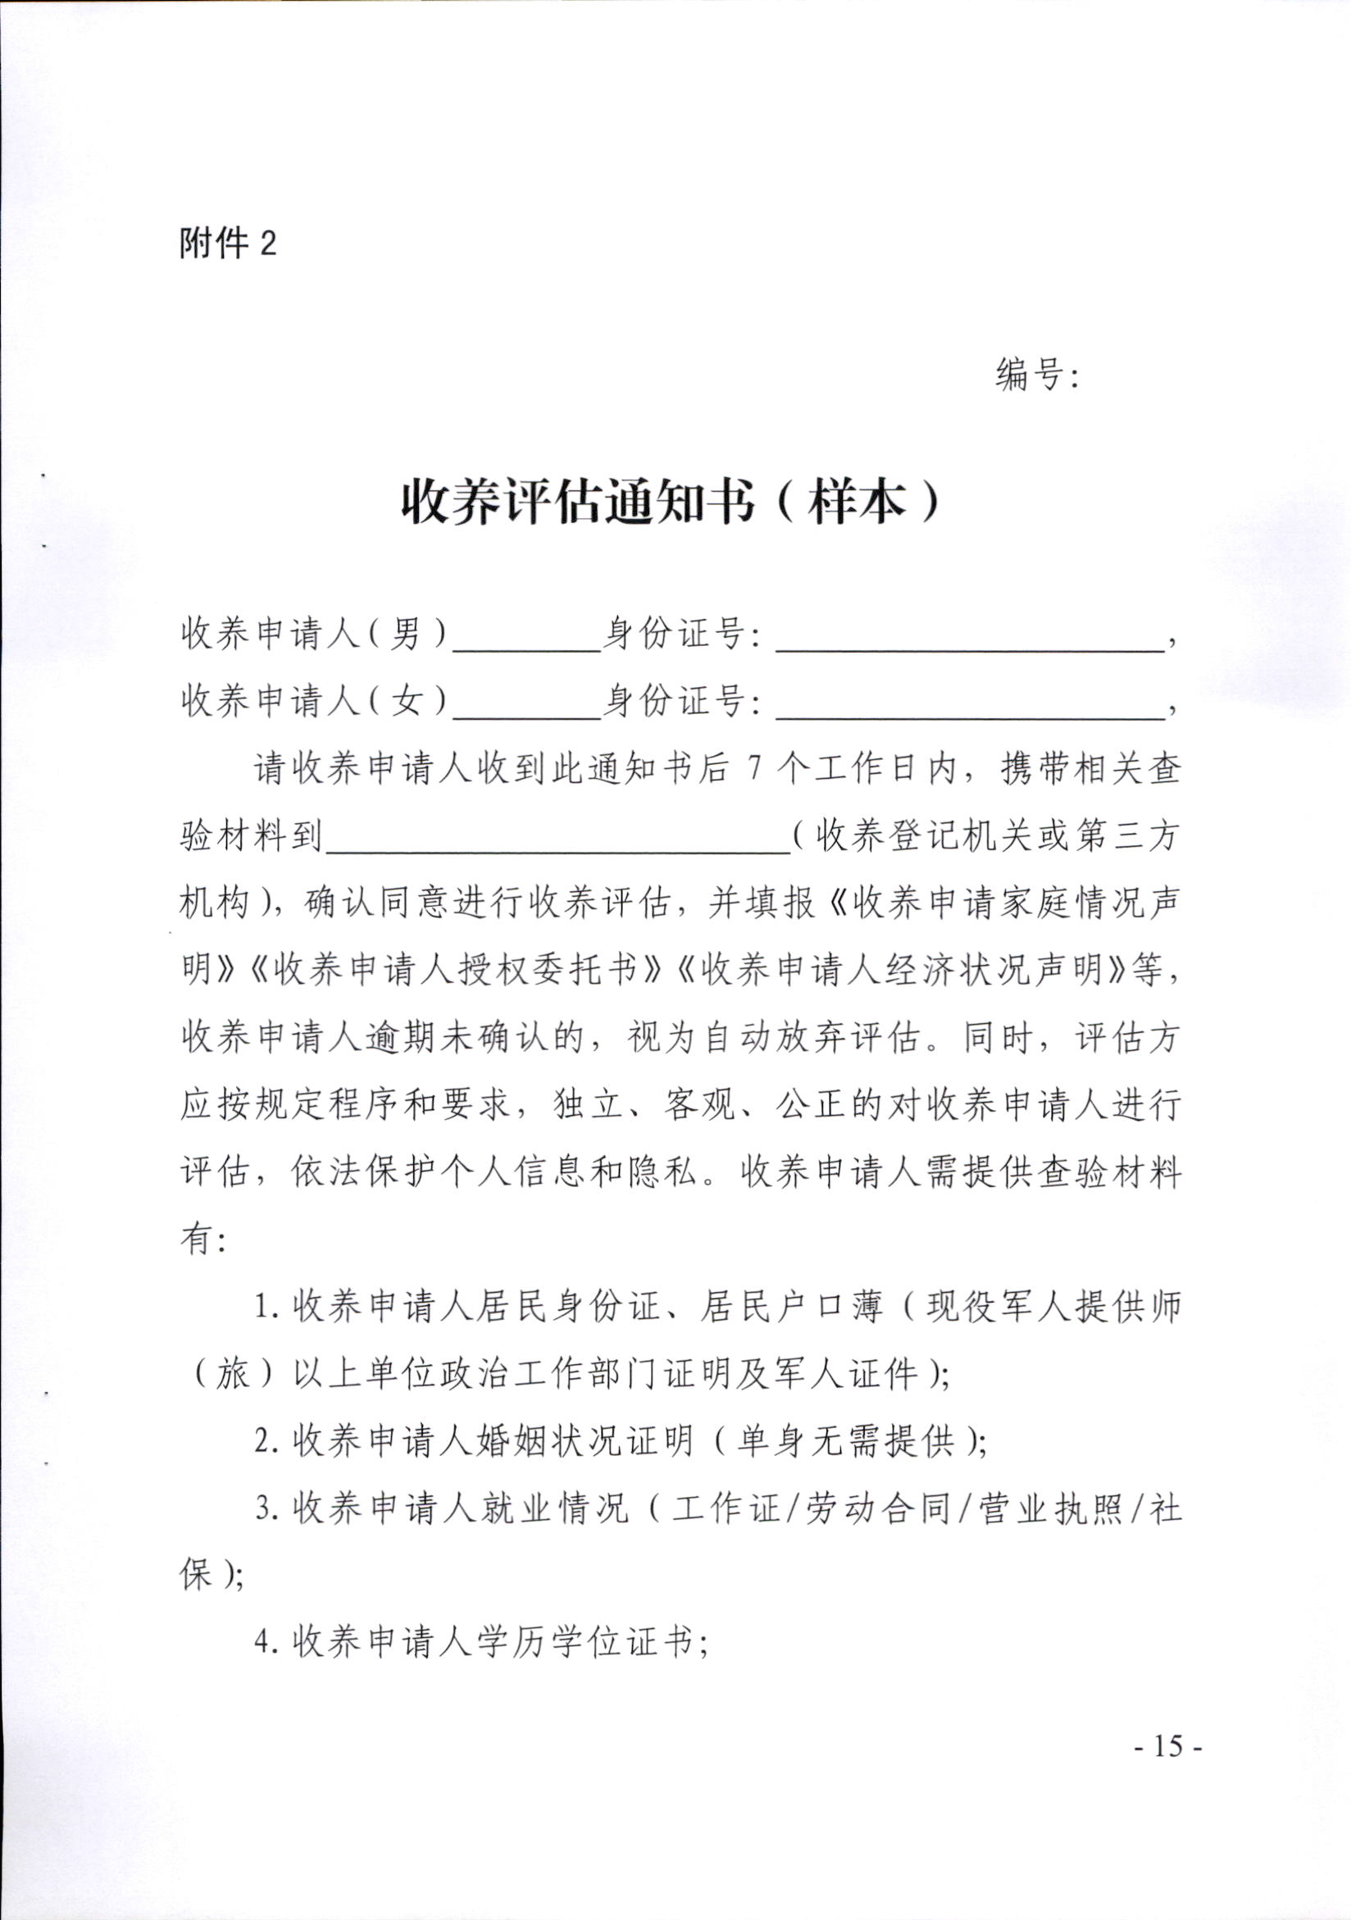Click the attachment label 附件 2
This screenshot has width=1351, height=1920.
227,244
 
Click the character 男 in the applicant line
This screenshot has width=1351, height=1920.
406,635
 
